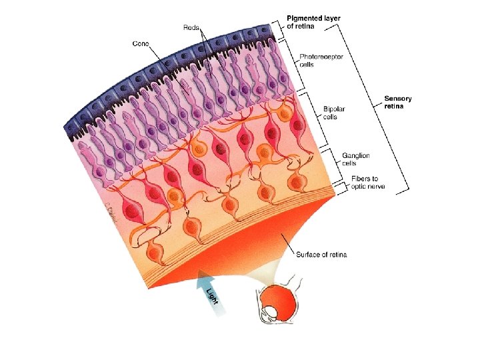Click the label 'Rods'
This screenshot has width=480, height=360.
[x=192, y=27]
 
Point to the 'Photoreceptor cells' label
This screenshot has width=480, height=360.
[x=321, y=61]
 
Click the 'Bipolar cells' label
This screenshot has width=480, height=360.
[x=334, y=113]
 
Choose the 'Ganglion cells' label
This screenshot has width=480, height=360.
[x=355, y=159]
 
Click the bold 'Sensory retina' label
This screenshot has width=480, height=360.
[x=398, y=103]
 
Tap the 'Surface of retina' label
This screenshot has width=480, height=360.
[x=321, y=255]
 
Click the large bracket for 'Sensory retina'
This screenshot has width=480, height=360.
[x=377, y=107]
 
